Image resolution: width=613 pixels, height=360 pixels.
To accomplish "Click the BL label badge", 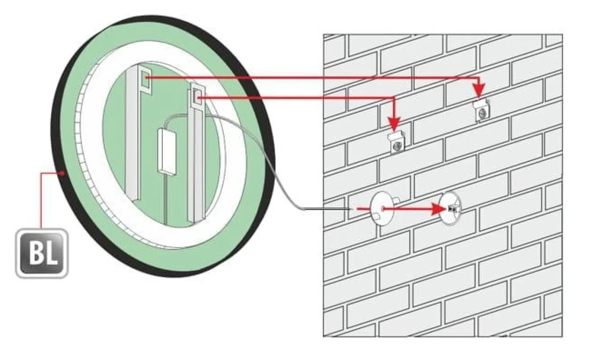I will pos(42,253).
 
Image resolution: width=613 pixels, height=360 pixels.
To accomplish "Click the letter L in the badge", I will pos(50,253).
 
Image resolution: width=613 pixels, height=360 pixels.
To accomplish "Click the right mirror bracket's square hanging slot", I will pos(196,95).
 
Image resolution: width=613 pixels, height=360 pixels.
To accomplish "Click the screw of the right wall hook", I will pos(482,115).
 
